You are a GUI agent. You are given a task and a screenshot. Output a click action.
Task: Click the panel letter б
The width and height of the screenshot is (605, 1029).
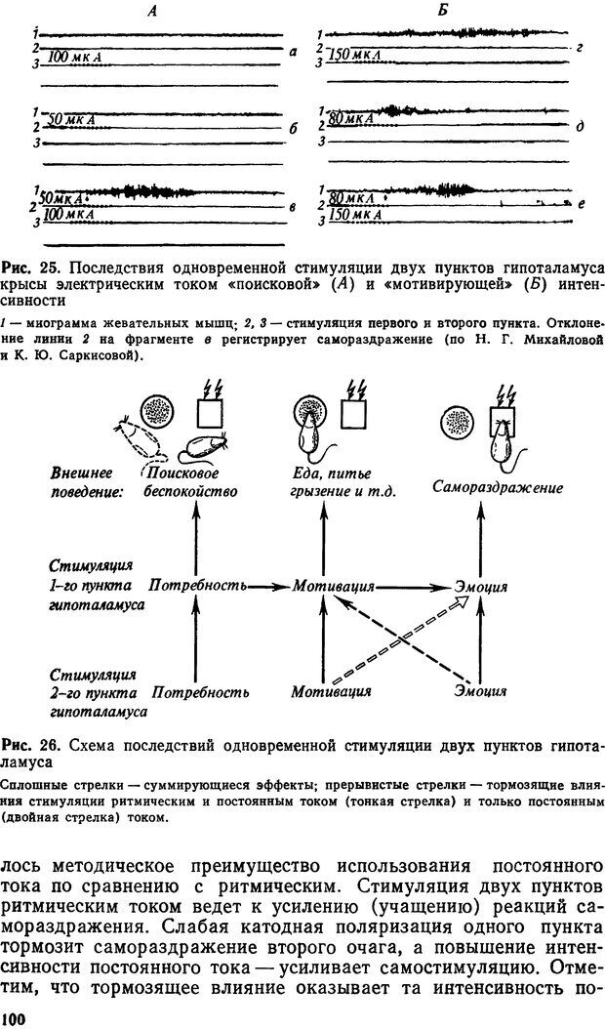[x=294, y=128]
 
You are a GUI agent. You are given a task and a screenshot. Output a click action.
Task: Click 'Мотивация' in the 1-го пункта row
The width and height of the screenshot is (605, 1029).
[x=335, y=587]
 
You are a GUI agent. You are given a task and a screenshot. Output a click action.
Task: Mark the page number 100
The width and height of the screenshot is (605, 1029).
[x=15, y=1019]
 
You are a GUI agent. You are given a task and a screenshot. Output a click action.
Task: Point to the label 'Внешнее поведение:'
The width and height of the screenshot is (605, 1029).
[x=88, y=482]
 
